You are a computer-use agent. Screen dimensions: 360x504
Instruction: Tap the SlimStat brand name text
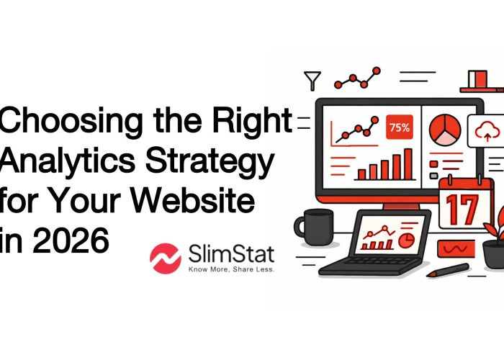(219, 254)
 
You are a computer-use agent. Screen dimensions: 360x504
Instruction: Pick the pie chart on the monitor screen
(444, 130)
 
